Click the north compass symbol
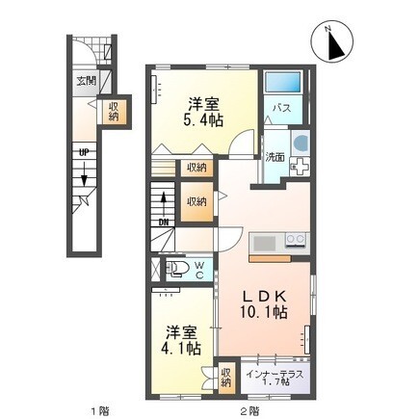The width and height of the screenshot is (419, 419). coord(332,42)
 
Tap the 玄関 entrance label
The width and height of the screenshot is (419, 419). coord(86,81)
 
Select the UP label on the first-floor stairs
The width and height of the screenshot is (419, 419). coord(84,153)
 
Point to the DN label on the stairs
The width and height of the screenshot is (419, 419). coord(164,222)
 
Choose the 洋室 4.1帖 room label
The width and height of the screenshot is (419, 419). coord(183,341)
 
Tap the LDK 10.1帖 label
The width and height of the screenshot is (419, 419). coord(264,304)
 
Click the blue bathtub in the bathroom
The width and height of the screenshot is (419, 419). coord(282,83)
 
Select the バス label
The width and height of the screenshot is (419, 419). coord(282,109)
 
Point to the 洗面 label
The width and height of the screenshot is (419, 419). coord(275,157)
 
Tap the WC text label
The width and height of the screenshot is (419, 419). coord(199,270)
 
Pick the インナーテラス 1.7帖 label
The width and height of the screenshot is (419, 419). coord(275,378)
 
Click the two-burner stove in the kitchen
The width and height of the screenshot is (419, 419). coord(296,240)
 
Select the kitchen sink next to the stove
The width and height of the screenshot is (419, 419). coord(265,244)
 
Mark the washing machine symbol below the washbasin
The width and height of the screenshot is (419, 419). coord(300,167)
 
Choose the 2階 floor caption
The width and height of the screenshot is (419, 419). coord(249,410)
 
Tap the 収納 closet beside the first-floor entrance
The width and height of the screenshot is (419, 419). coord(113,112)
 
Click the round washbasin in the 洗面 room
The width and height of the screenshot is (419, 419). coord(301,143)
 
